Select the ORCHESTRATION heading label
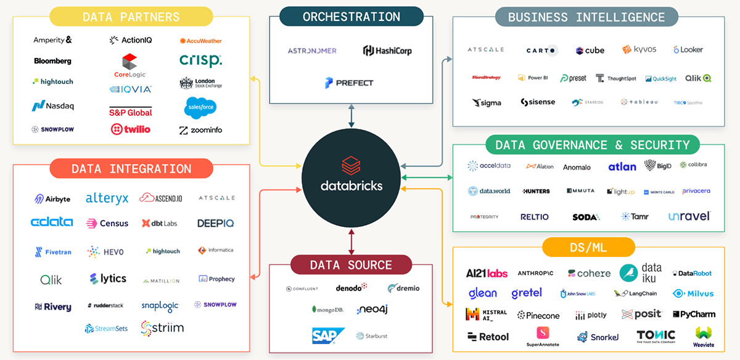click(x=351, y=17)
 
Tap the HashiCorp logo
click(x=387, y=51)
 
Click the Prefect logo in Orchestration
click(x=349, y=83)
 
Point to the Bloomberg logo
click(x=52, y=61)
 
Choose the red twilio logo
click(x=130, y=129)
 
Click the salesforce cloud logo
click(x=200, y=108)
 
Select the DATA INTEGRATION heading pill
click(x=131, y=168)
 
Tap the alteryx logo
click(x=107, y=198)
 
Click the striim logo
click(x=162, y=327)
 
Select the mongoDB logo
click(x=327, y=309)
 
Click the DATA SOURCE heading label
click(x=351, y=265)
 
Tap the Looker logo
click(x=688, y=50)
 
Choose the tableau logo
click(x=639, y=102)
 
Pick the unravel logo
click(x=689, y=216)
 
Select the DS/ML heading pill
click(x=588, y=247)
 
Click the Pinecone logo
click(x=538, y=315)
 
